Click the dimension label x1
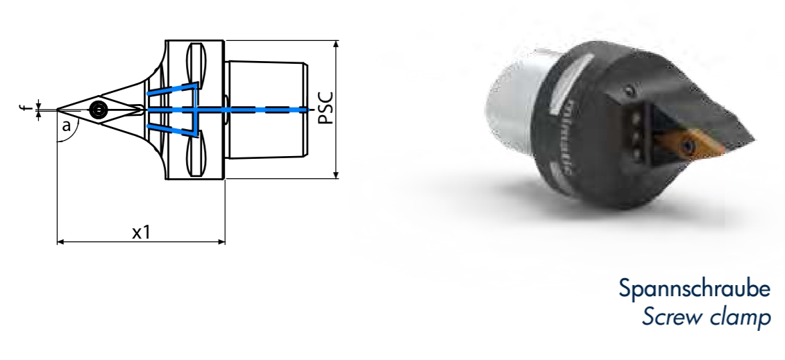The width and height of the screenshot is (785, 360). click(142, 232)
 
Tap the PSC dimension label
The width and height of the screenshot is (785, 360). click(325, 108)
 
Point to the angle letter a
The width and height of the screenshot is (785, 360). click(67, 126)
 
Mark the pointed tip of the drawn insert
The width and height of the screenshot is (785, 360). click(58, 109)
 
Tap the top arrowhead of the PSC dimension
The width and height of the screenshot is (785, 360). click(336, 44)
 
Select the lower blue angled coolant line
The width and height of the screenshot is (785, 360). click(171, 130)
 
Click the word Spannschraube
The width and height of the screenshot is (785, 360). click(693, 289)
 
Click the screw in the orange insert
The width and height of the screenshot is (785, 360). click(689, 146)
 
